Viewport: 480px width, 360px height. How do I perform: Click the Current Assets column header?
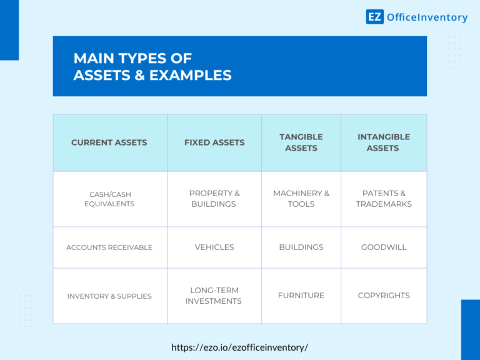click(109, 142)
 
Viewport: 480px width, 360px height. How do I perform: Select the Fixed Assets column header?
click(214, 142)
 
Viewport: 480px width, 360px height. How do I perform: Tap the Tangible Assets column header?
click(301, 142)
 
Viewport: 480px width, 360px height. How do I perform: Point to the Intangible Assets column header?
click(384, 142)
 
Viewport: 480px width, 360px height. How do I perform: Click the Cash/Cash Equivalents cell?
click(109, 199)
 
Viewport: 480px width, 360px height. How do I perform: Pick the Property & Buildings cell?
click(214, 199)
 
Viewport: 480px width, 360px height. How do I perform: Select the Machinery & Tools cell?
click(301, 199)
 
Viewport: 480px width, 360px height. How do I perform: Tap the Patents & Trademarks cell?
click(384, 199)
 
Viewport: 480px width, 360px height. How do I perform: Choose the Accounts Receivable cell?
click(109, 247)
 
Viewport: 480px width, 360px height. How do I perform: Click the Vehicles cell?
click(214, 247)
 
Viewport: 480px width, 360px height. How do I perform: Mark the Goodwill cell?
click(384, 247)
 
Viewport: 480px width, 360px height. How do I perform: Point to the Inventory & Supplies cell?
click(109, 296)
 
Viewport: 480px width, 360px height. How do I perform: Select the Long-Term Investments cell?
click(214, 296)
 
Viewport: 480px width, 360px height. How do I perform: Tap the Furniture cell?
click(301, 296)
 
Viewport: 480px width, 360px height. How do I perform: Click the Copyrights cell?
click(384, 296)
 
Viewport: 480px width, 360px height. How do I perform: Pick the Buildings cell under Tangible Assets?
click(301, 247)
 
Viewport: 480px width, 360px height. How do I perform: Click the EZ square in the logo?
click(374, 17)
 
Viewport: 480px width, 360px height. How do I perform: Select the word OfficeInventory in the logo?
click(427, 17)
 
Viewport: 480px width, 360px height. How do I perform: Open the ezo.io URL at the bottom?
click(239, 347)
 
